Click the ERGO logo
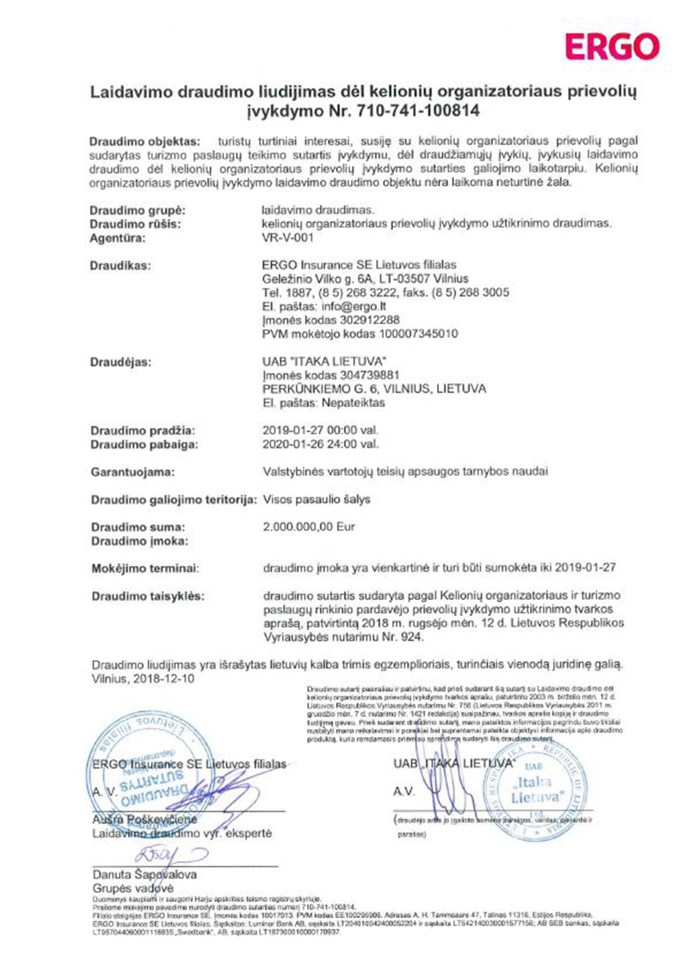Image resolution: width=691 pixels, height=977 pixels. (x=612, y=46)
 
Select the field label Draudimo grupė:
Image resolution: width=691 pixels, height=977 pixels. (x=138, y=211)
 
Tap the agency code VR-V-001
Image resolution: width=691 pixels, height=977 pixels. (x=288, y=237)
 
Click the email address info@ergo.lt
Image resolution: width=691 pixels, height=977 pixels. (x=353, y=307)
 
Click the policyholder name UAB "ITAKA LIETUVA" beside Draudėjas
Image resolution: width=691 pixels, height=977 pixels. (x=324, y=361)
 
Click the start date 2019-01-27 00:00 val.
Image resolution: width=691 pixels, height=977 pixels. (x=320, y=430)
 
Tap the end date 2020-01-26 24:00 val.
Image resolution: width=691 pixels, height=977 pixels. (x=320, y=444)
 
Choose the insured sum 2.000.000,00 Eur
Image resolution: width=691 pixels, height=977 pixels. (x=309, y=527)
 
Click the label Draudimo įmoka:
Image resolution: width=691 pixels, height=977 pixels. (x=139, y=541)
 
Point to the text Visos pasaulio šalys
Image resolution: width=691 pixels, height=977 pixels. (x=317, y=499)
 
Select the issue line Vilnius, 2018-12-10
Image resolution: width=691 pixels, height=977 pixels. (x=143, y=679)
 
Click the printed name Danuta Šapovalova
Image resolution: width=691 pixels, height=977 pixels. (x=144, y=874)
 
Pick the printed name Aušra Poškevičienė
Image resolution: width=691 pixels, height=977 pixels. (x=144, y=820)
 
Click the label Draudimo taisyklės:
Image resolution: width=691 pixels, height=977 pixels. (x=148, y=596)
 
